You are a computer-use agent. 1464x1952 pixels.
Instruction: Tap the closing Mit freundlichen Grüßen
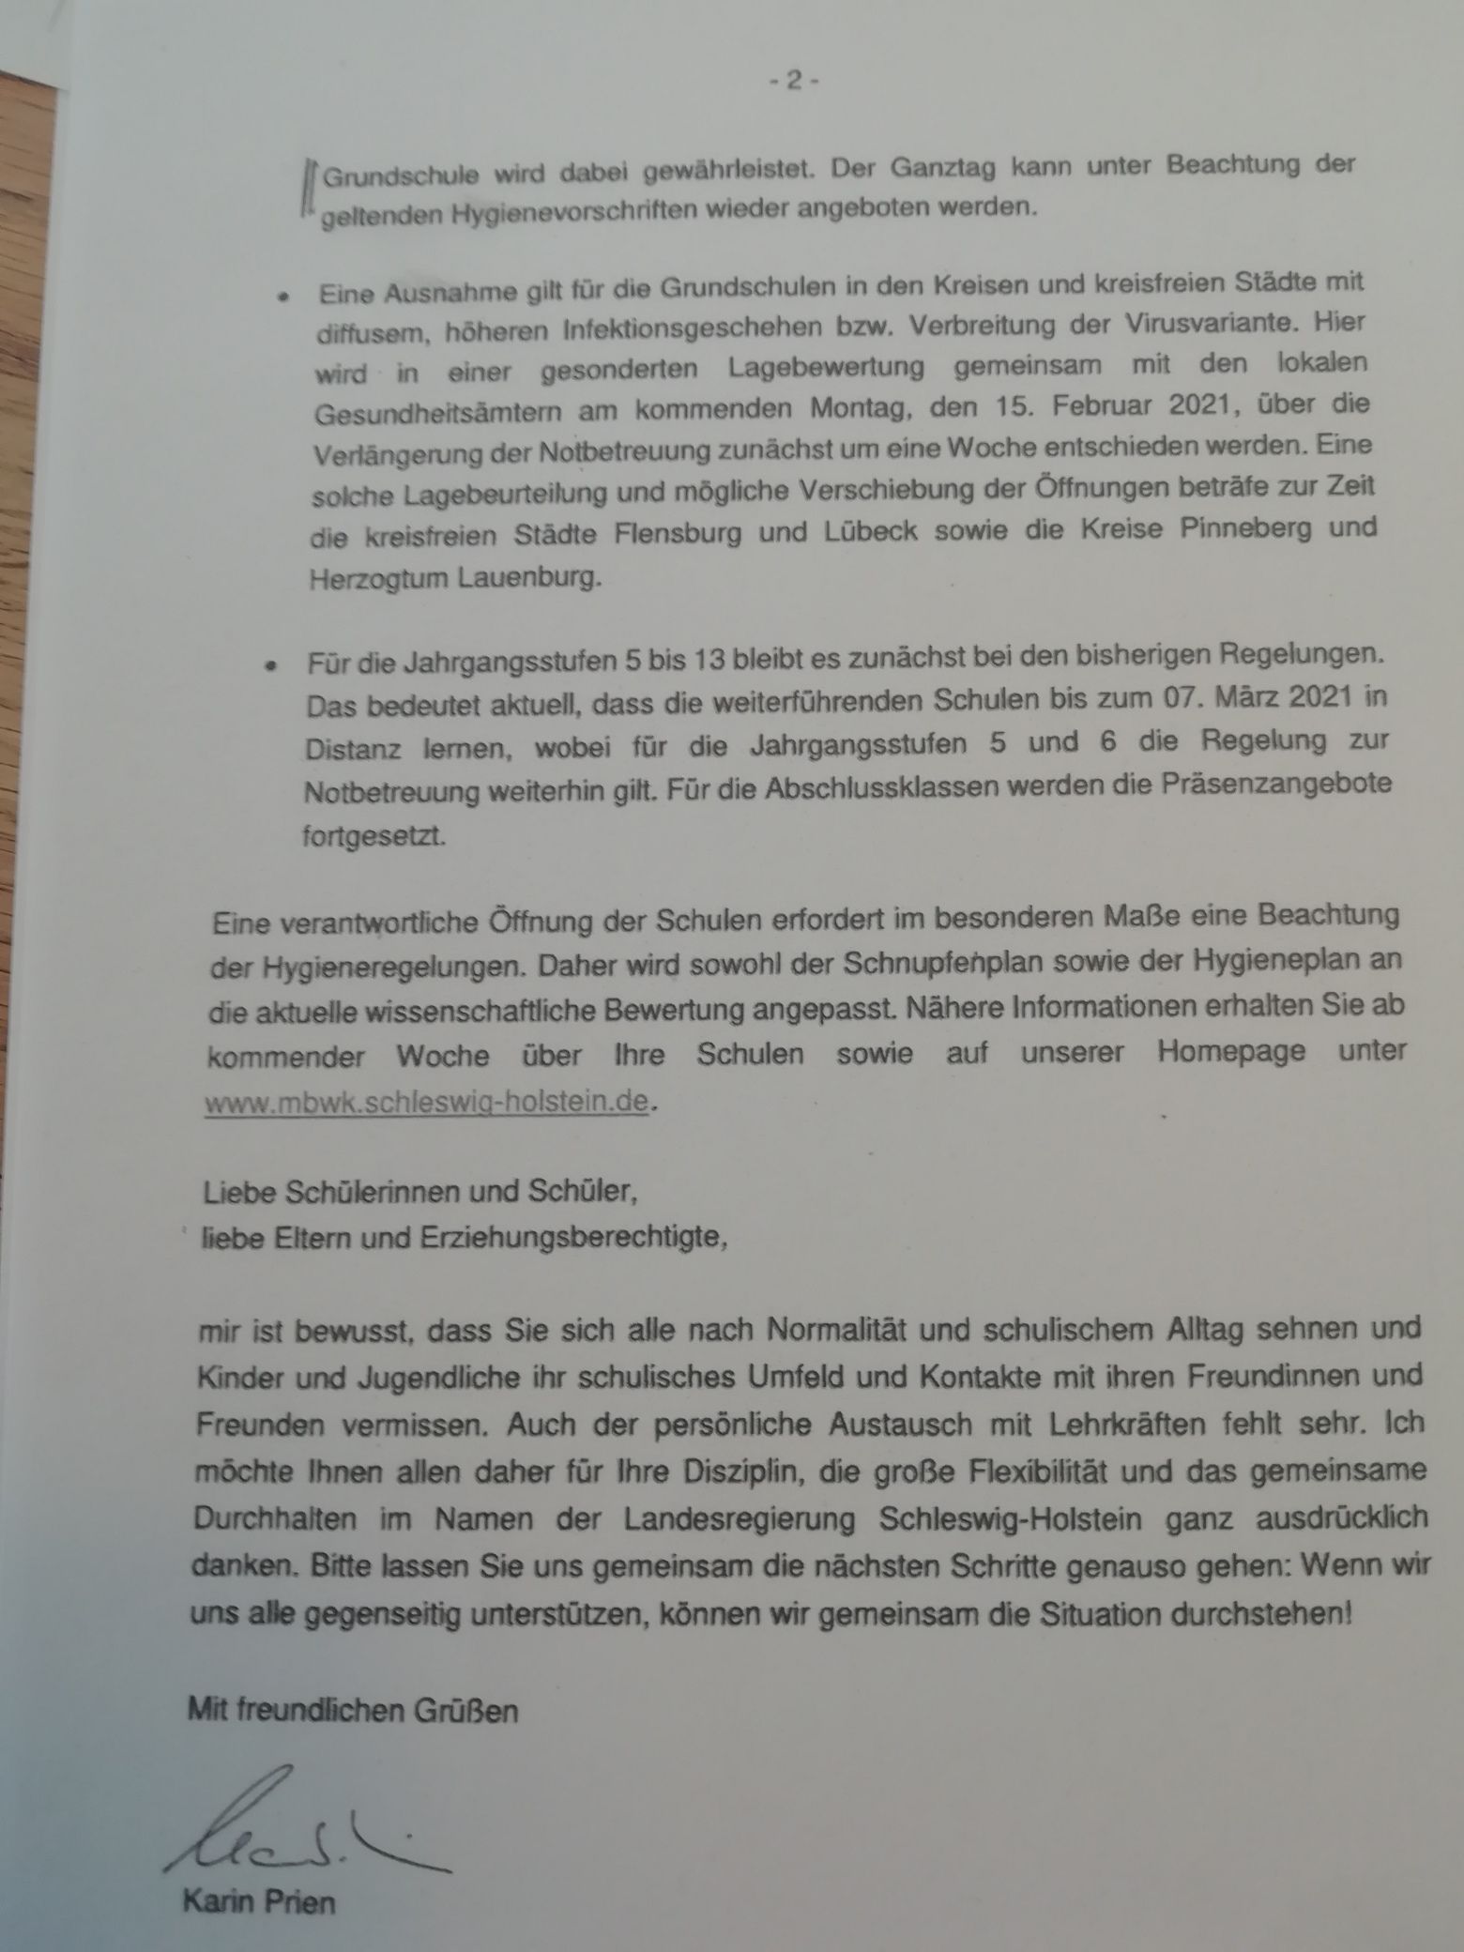(353, 1711)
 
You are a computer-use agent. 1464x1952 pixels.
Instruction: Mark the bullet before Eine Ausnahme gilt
(281, 295)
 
